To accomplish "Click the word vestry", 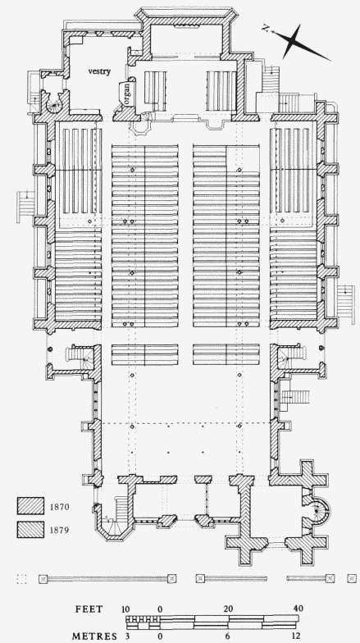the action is (x=99, y=71).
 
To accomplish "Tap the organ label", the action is (x=126, y=93).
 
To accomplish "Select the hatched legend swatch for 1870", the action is (x=30, y=505).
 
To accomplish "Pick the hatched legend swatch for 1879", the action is (x=30, y=530).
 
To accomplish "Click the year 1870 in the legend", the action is (x=59, y=507).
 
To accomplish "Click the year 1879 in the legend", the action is (x=59, y=530).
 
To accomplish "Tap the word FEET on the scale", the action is (x=89, y=609).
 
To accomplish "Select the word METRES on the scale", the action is (x=94, y=636).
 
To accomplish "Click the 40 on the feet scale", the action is (x=298, y=609).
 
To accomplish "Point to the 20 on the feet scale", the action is (x=228, y=609).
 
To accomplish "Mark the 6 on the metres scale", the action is (x=228, y=636).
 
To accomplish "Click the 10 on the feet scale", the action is (x=126, y=609).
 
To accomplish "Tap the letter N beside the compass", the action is (x=266, y=28).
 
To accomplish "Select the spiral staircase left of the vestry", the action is (x=54, y=103).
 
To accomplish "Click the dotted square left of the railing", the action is (x=21, y=579).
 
